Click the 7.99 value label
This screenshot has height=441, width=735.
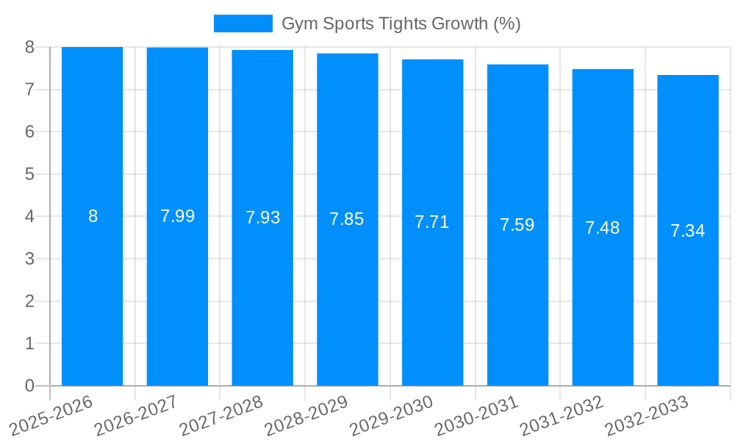[x=177, y=216]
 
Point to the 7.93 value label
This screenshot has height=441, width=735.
[x=262, y=218]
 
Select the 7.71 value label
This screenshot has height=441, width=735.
[x=432, y=222]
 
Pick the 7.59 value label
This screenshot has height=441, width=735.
[x=517, y=225]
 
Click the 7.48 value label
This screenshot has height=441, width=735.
[x=603, y=228]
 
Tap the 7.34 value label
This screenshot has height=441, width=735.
[x=687, y=231]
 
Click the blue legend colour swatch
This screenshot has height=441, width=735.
[x=243, y=24]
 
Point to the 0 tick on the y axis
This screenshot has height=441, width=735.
[x=29, y=386]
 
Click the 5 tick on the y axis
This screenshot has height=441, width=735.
[x=29, y=174]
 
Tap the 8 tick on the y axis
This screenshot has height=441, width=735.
[x=29, y=47]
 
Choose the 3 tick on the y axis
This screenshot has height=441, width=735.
[x=29, y=259]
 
